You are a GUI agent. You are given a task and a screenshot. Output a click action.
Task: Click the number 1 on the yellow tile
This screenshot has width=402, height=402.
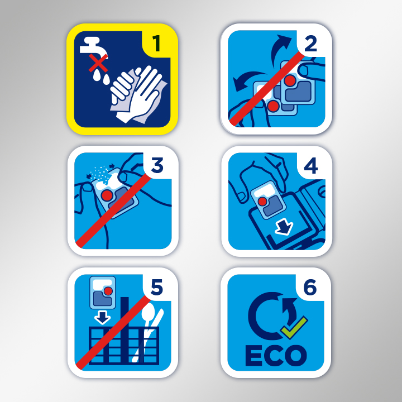click(156, 44)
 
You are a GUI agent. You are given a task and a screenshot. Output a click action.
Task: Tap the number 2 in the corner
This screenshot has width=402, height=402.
click(311, 44)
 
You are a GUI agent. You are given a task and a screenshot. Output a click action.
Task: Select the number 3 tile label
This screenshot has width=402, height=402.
click(157, 165)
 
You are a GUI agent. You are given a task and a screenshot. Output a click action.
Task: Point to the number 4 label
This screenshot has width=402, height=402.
click(311, 166)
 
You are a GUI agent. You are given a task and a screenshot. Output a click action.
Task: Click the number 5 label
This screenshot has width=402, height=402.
click(157, 287)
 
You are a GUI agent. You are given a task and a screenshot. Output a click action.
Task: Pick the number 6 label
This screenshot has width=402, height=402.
click(310, 287)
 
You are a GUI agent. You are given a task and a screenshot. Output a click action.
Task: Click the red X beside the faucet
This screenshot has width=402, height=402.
click(98, 63)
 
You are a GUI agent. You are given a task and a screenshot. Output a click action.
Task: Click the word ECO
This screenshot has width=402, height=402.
click(276, 356)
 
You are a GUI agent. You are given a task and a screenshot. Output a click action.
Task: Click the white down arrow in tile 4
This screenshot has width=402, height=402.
click(284, 227)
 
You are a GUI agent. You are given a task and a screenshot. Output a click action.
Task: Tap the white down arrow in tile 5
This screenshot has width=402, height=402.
click(103, 317)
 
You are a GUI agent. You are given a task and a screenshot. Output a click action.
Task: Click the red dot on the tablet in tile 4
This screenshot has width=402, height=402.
click(262, 201)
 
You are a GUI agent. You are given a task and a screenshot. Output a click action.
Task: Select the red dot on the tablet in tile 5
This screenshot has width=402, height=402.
click(108, 291)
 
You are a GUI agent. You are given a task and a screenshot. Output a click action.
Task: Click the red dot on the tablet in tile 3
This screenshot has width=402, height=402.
click(107, 195)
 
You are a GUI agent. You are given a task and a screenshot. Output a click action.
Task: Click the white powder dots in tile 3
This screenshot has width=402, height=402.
click(100, 172)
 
